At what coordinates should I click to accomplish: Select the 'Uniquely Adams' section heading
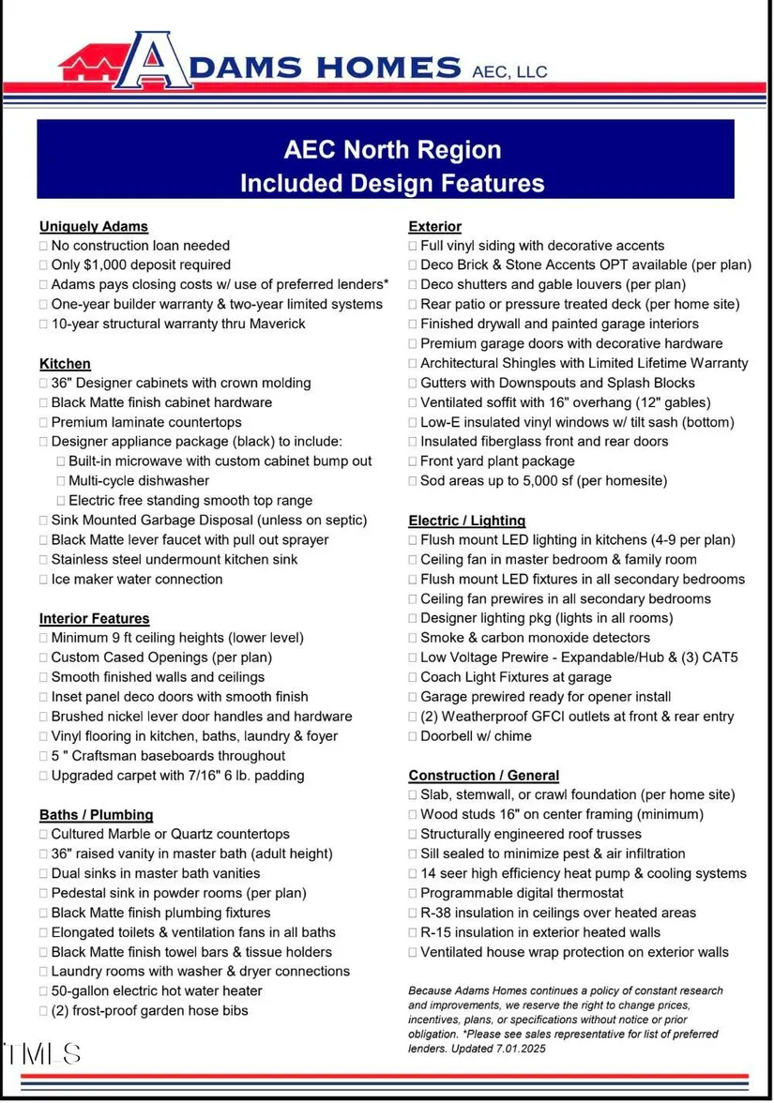(94, 226)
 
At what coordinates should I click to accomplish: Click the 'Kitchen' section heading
(65, 363)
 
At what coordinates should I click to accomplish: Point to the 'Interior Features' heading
(94, 618)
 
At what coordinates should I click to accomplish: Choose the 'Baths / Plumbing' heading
(96, 814)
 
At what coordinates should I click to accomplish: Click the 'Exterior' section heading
(434, 226)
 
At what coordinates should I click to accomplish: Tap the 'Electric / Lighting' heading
(466, 520)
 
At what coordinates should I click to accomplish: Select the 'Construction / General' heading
(483, 775)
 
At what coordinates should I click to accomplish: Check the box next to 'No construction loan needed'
(43, 246)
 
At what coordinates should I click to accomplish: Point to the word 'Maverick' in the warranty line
(277, 324)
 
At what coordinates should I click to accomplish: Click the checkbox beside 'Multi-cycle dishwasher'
(61, 481)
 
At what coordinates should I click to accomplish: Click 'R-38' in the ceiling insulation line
(438, 913)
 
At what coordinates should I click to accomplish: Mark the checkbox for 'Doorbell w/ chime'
(413, 736)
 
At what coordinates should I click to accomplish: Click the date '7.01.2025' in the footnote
(514, 1048)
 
